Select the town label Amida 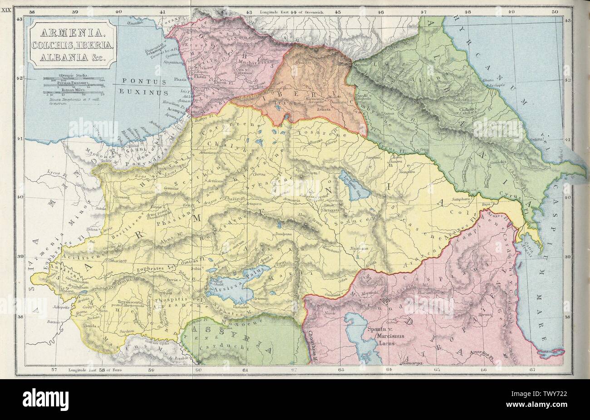pos(91,326)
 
